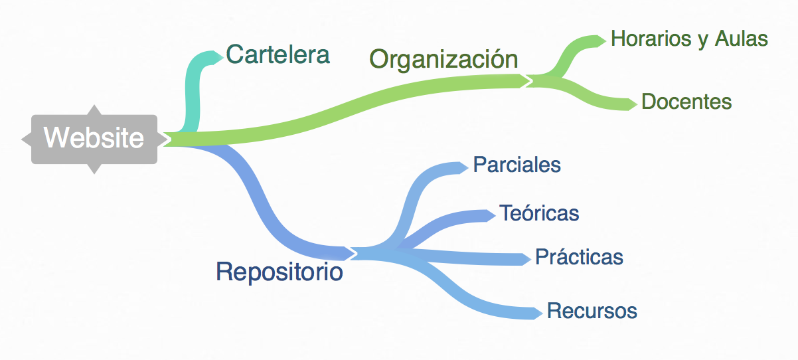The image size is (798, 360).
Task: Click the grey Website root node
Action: [x=94, y=139]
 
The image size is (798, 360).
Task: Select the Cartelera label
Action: [x=278, y=54]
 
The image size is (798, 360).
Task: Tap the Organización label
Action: [x=443, y=58]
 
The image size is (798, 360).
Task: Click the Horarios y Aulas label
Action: [x=689, y=39]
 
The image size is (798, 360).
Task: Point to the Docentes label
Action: [x=686, y=102]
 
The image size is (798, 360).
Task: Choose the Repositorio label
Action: [x=279, y=272]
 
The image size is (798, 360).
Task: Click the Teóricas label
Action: [x=539, y=213]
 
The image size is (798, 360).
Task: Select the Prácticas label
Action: [x=579, y=256]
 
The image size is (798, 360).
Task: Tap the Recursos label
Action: [x=592, y=310]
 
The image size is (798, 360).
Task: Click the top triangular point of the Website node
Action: [x=94, y=109]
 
